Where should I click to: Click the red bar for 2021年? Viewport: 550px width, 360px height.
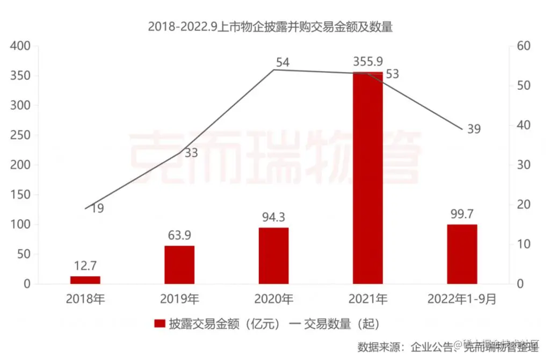(x=367, y=177)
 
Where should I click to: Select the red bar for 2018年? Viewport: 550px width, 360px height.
(x=85, y=280)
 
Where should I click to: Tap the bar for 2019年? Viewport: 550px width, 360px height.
(x=179, y=264)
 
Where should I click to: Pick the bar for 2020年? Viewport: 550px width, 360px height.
(x=273, y=256)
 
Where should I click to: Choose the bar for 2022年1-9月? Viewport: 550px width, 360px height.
(x=462, y=254)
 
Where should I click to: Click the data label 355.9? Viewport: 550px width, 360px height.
(x=368, y=61)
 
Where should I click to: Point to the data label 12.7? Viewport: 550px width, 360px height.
(x=85, y=265)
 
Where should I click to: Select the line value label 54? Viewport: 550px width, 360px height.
(x=283, y=62)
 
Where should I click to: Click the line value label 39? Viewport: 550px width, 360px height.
(x=473, y=129)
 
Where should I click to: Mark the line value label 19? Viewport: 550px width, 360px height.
(x=97, y=208)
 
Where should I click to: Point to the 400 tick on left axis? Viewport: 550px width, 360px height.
(x=20, y=46)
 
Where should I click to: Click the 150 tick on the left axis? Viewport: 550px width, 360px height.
(x=20, y=195)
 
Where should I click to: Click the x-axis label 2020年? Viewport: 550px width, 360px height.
(x=273, y=299)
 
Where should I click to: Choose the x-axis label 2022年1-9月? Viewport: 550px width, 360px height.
(x=462, y=299)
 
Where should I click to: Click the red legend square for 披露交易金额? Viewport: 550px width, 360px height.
(x=160, y=323)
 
